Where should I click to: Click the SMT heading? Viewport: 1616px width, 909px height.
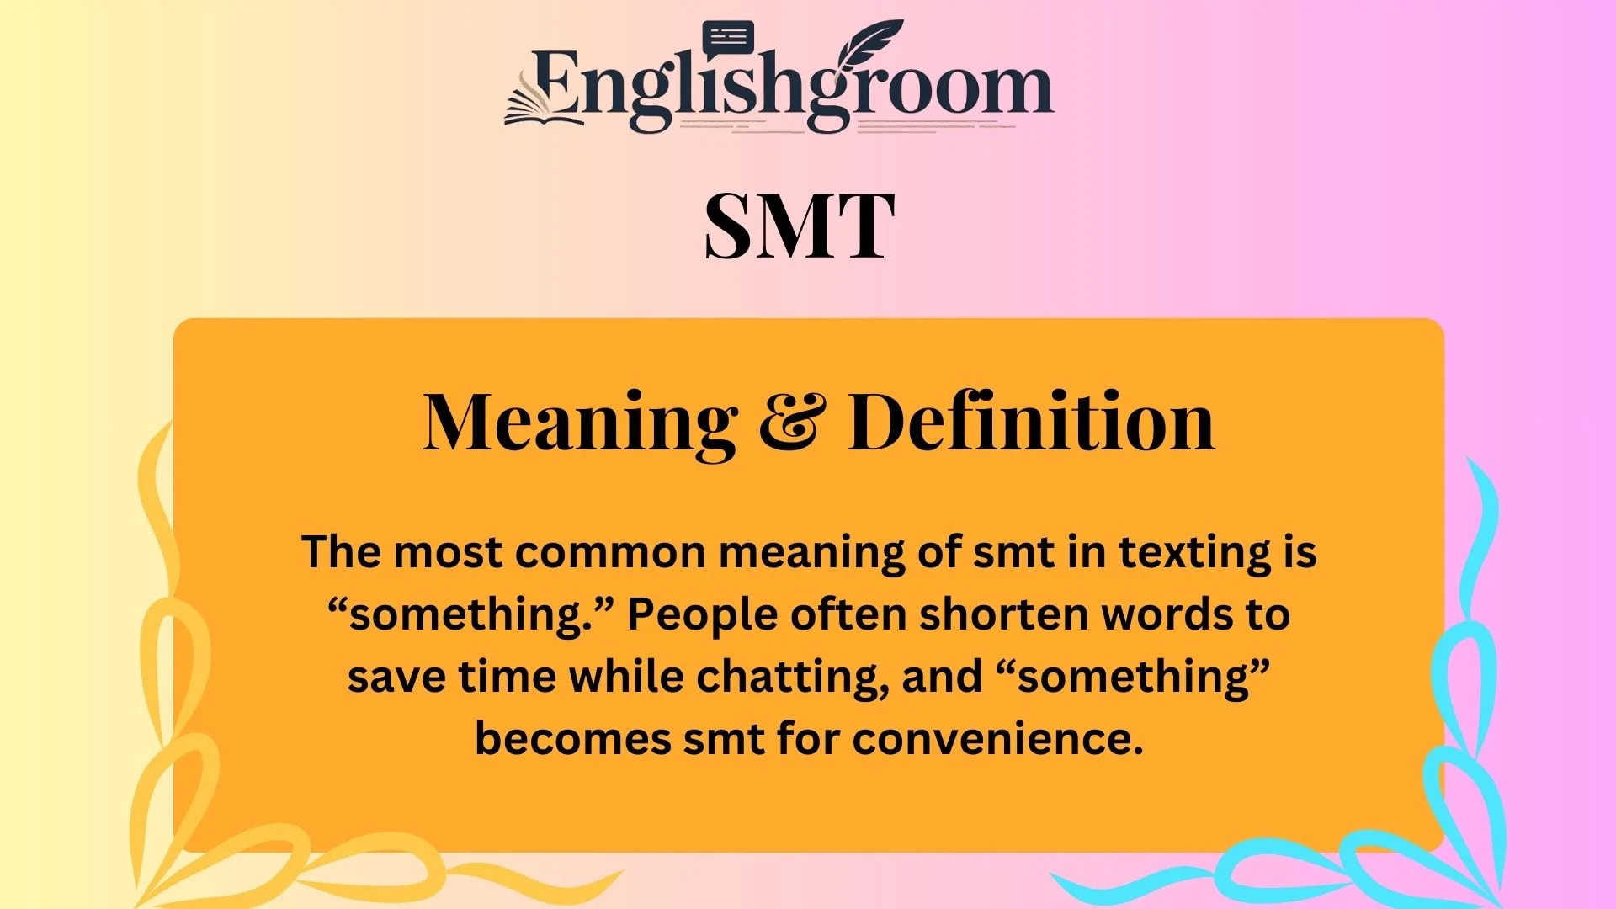[x=799, y=226]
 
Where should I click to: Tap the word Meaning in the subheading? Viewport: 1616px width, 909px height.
[x=580, y=423]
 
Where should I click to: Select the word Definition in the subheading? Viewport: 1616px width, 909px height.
[x=1031, y=423]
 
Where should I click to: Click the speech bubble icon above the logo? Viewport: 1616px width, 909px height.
[x=728, y=39]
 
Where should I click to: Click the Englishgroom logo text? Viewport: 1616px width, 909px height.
[x=791, y=88]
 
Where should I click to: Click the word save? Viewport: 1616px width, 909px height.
[x=396, y=678]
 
